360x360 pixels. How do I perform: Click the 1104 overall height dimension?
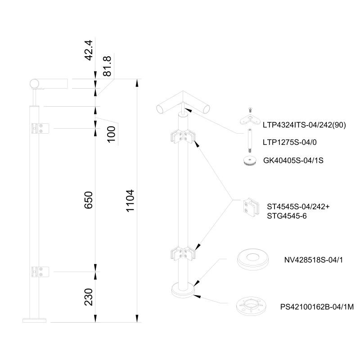coord(130,201)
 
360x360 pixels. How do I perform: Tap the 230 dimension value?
coord(89,297)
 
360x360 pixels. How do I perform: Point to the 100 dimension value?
coord(112,134)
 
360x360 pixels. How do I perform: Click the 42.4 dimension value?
coord(89,50)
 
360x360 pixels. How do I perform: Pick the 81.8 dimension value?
coord(108,66)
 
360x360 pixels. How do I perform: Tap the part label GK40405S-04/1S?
coord(292,160)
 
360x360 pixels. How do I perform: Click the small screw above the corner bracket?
coord(249,109)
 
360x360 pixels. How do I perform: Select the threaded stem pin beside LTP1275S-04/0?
coord(248,141)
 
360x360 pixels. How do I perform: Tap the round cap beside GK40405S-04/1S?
coord(248,161)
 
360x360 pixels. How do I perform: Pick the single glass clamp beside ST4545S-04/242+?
coord(249,208)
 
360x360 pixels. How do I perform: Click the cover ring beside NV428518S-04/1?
coord(252,259)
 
